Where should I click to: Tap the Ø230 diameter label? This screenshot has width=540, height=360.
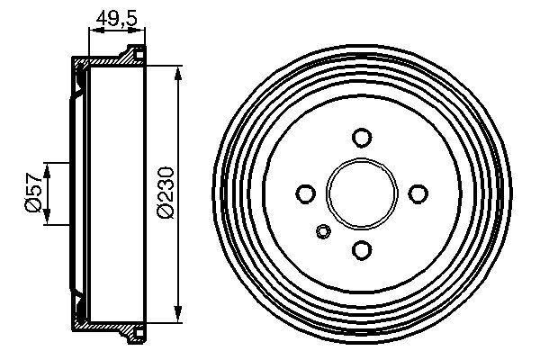166,193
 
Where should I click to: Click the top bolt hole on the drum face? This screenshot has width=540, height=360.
362,137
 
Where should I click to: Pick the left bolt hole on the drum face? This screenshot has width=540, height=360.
305,193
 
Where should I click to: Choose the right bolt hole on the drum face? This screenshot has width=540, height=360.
418,193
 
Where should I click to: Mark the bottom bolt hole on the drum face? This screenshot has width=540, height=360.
362,250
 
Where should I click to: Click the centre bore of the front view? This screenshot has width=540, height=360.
362,193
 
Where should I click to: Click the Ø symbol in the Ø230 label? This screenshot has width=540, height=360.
166,212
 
